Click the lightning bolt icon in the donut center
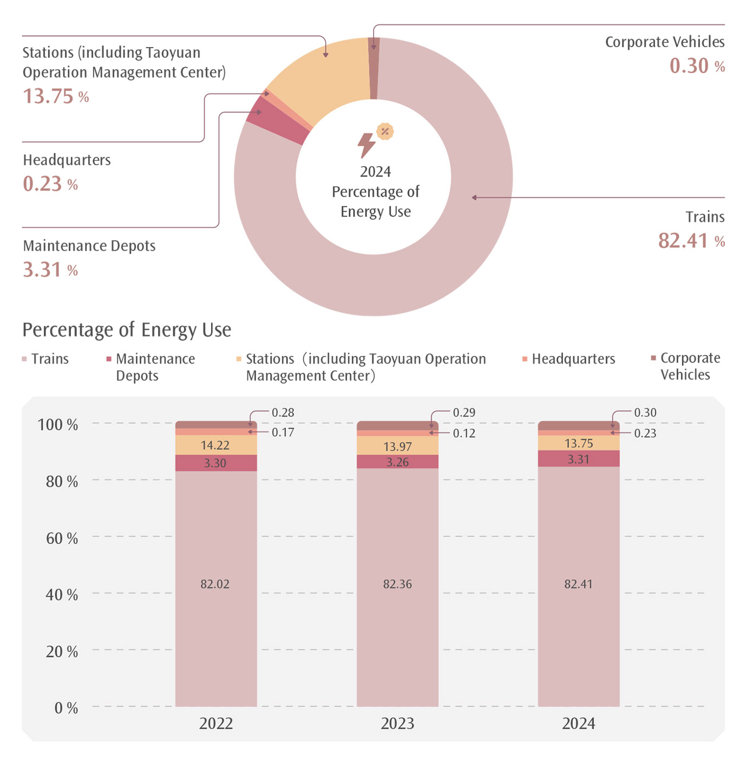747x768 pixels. [366, 145]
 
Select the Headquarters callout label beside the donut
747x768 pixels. [67, 160]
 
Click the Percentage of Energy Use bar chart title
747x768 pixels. [127, 330]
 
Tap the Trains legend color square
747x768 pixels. [24, 359]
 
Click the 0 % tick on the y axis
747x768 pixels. [66, 708]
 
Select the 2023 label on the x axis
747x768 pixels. [397, 724]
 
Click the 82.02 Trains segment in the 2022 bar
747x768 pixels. [215, 585]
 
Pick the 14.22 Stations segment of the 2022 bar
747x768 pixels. [215, 445]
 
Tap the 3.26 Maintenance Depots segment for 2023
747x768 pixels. [397, 462]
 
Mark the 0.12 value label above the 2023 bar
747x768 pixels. [464, 434]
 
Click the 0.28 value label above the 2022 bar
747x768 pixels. [283, 412]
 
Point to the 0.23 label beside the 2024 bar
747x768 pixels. [645, 434]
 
